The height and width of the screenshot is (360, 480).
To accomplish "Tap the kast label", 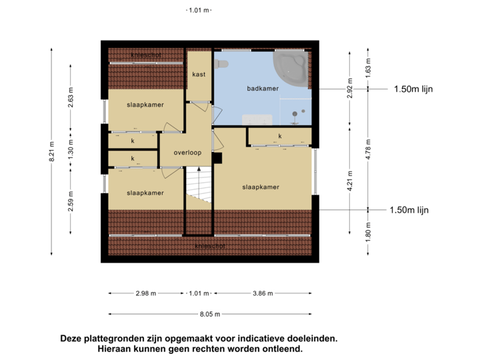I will coord(198,74).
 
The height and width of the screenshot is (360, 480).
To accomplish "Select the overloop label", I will coord(187,153).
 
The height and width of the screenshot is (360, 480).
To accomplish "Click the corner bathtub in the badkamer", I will coord(292,67).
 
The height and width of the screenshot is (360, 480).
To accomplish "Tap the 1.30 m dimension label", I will coord(71,148).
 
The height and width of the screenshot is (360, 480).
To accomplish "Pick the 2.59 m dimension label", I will coord(71,201).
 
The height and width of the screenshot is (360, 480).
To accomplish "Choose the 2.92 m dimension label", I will coord(349,89).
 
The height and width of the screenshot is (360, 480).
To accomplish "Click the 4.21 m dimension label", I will coord(349,181).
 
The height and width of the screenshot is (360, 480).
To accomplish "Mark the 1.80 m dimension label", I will coord(368,233).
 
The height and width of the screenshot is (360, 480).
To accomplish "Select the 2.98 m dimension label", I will coord(145,293).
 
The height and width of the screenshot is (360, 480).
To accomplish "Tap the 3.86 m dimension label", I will coord(263,293).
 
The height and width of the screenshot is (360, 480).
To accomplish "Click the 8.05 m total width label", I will coord(210,313).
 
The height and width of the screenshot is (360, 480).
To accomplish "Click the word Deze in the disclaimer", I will coord(71,339).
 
